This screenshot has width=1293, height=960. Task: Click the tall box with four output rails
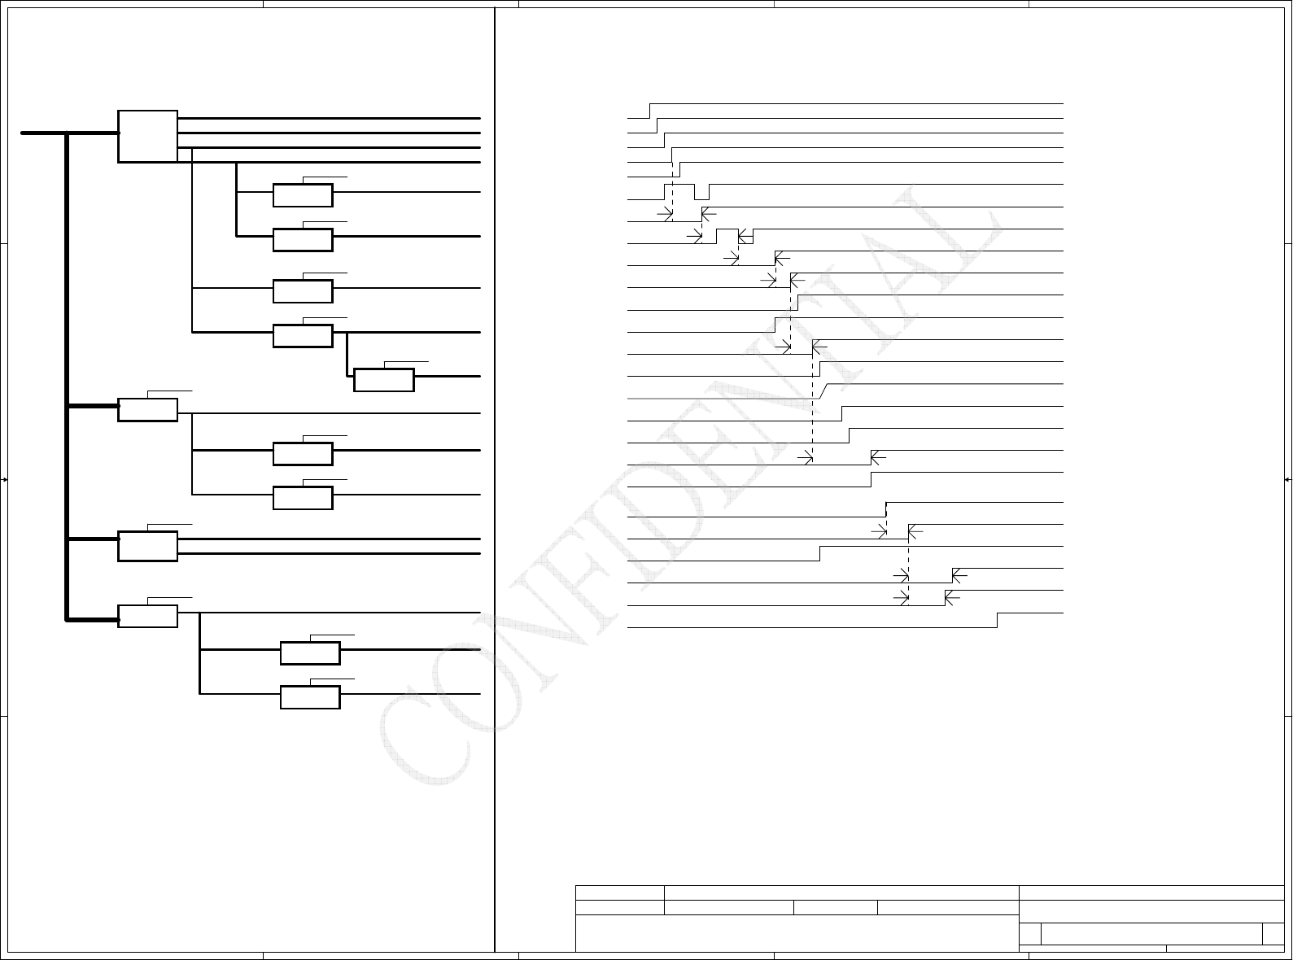click(147, 136)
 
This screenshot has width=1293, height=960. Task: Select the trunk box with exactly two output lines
click(147, 546)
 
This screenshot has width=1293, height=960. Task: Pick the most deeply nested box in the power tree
click(384, 380)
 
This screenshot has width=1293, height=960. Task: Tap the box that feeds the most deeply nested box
click(303, 335)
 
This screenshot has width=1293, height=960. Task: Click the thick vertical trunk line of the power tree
click(67, 374)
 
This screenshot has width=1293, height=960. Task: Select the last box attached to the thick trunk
click(147, 616)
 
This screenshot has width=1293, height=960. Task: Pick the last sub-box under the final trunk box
click(310, 697)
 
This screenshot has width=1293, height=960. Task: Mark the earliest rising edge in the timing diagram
click(650, 111)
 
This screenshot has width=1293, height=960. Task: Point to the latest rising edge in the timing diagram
click(998, 620)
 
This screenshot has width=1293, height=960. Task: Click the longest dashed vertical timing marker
click(813, 399)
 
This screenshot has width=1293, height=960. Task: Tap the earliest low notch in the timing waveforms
click(701, 192)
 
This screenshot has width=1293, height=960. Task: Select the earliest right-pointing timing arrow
click(665, 214)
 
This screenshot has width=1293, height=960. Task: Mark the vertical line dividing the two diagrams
click(495, 480)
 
